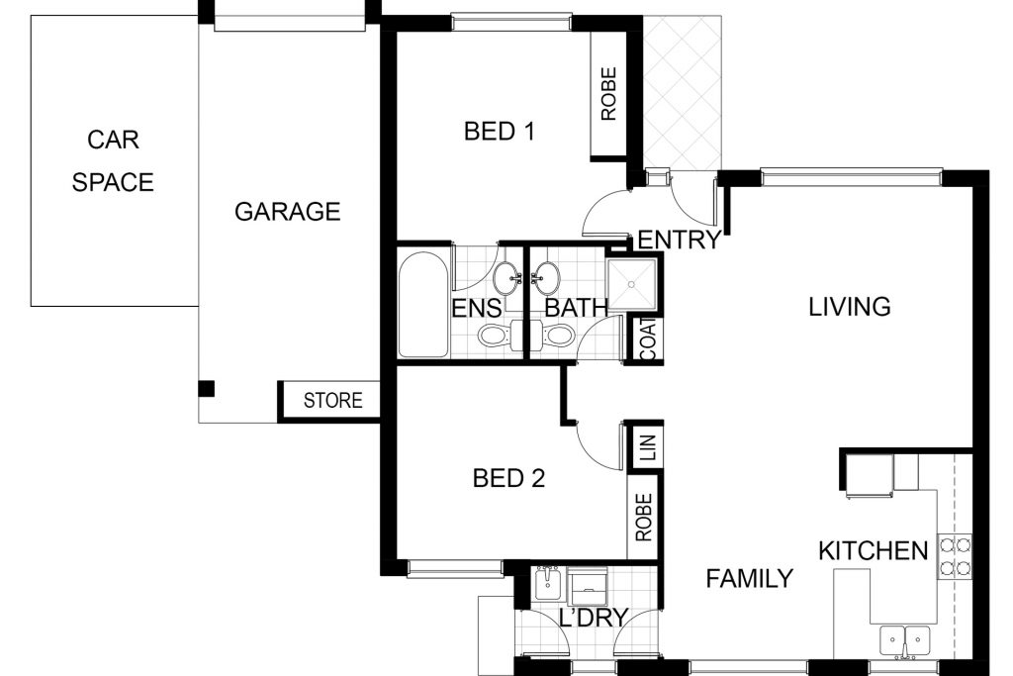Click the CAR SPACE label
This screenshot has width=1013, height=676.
click(113, 161)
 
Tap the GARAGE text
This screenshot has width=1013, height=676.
click(288, 212)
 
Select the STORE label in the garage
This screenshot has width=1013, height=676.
click(332, 401)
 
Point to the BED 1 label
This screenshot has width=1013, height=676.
click(500, 132)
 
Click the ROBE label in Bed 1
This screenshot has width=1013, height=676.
click(608, 94)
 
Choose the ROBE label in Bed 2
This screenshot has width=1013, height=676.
click(643, 517)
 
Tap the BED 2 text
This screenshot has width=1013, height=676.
click(508, 479)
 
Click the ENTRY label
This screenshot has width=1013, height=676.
click(679, 241)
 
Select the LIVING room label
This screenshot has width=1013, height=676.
click(850, 307)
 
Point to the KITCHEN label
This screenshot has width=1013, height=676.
click(874, 551)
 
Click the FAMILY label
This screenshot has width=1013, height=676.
click(750, 578)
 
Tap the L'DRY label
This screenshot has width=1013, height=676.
click(594, 619)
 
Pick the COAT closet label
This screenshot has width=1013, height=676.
click(648, 339)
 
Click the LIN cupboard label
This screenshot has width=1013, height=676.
click(649, 447)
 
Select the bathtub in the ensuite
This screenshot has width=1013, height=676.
click(423, 304)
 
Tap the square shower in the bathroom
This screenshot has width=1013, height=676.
click(632, 284)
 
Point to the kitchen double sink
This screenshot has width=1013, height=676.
click(904, 641)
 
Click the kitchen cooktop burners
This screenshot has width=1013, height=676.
click(955, 557)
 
